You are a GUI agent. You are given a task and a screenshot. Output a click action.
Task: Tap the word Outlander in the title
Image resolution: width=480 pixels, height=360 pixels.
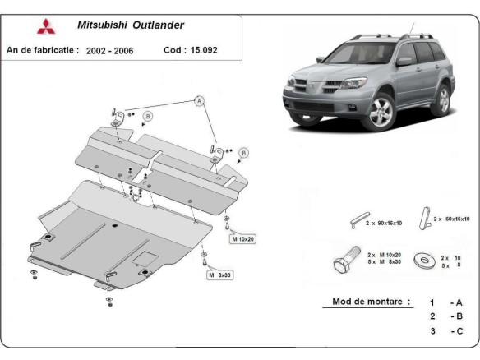pyautogui.click(x=159, y=25)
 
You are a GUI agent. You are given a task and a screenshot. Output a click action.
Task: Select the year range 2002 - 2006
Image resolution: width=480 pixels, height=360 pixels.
pyautogui.click(x=108, y=50)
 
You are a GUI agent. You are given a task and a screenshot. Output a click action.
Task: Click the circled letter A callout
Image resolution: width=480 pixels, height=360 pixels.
pyautogui.click(x=198, y=101)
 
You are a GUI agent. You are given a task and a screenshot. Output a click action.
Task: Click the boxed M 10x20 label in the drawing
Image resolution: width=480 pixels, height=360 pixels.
pyautogui.click(x=243, y=238)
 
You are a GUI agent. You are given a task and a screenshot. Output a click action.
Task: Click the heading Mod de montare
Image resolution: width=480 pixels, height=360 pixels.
pyautogui.click(x=371, y=302)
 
